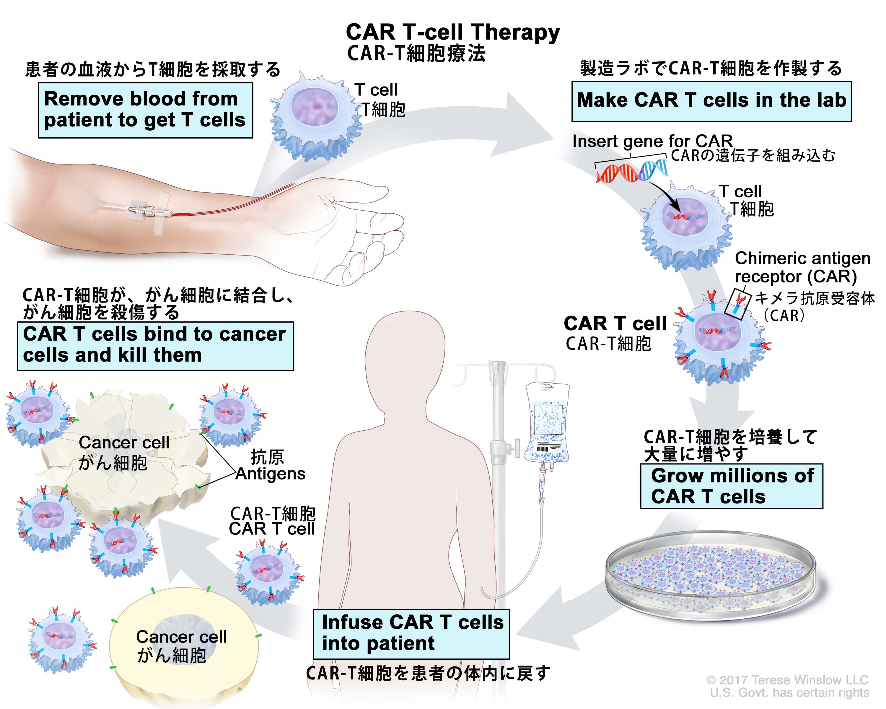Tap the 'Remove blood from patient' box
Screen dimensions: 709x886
pos(145,110)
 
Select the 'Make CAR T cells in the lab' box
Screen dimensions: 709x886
pos(711,101)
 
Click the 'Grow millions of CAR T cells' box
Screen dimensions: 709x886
pos(732,486)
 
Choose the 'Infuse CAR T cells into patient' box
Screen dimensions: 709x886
pos(411,633)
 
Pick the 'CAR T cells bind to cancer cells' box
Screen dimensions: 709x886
pos(155,345)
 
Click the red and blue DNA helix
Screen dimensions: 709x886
pos(632,170)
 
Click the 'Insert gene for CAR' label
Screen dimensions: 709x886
pos(652,141)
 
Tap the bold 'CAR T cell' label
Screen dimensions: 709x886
pos(615,323)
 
